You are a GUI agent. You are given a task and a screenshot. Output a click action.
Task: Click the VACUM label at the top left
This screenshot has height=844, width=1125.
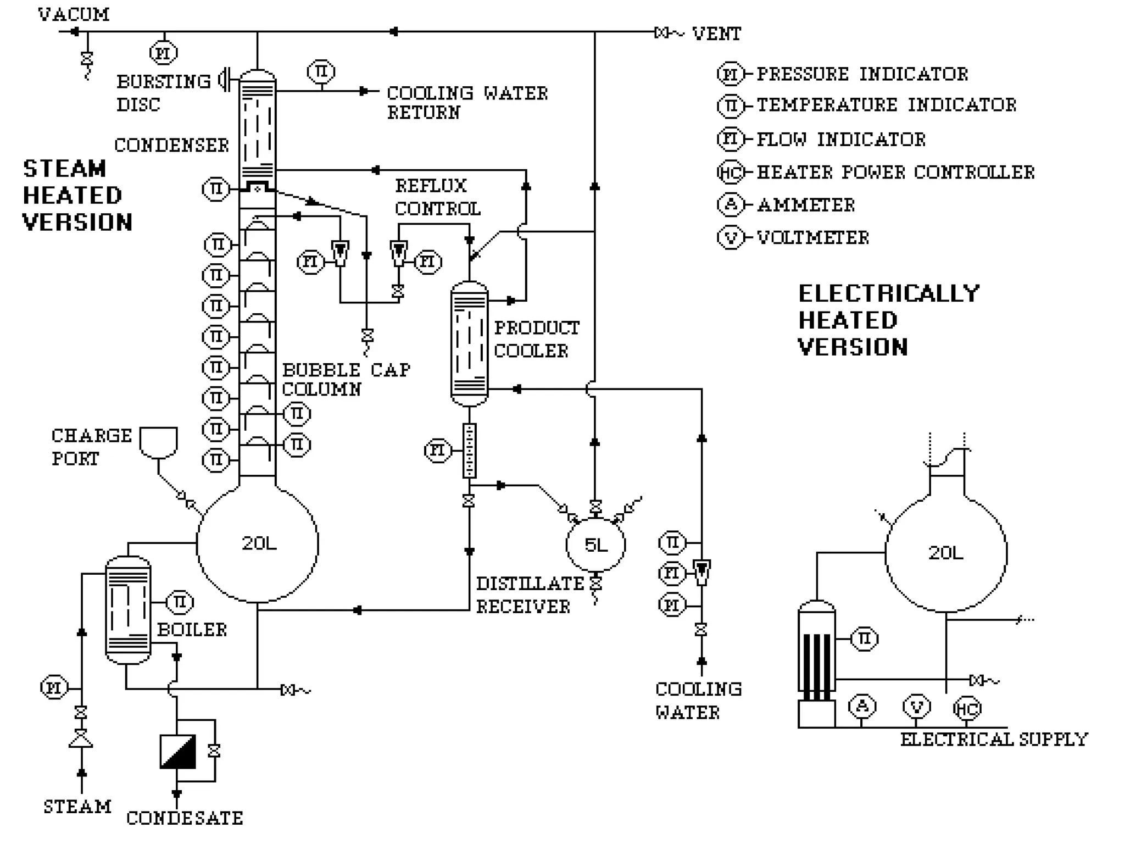(x=74, y=14)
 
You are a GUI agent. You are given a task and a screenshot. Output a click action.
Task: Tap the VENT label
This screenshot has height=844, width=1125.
(x=716, y=34)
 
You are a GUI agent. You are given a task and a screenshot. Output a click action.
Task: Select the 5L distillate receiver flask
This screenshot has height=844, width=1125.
(x=595, y=545)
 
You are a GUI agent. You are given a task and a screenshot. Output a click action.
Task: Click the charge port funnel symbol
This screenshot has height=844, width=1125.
(x=158, y=442)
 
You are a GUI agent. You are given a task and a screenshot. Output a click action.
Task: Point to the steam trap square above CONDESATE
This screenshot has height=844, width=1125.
(x=177, y=751)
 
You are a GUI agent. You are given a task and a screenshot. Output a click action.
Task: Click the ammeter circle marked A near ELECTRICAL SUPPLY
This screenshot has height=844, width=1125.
(x=862, y=707)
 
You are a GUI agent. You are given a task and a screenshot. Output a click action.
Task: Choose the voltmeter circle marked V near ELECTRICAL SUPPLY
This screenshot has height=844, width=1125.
(x=916, y=707)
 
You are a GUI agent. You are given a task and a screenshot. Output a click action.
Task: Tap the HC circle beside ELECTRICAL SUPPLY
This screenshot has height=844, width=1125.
(x=966, y=708)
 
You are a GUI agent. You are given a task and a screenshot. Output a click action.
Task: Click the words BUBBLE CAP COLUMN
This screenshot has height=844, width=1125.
(x=346, y=379)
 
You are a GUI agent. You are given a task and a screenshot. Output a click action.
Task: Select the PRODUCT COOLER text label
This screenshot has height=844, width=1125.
(x=536, y=339)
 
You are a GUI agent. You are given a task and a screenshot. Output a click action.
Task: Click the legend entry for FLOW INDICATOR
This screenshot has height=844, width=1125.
(x=840, y=139)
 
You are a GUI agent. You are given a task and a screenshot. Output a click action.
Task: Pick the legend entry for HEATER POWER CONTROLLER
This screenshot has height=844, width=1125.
(x=895, y=172)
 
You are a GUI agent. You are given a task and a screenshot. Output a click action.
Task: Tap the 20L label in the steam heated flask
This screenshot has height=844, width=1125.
(x=259, y=543)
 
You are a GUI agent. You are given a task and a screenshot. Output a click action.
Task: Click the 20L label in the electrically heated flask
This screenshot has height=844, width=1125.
(x=945, y=552)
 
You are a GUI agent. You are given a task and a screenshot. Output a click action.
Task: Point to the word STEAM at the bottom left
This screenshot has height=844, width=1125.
(x=77, y=806)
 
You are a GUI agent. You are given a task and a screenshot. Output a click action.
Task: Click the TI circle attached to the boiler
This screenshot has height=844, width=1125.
(x=180, y=603)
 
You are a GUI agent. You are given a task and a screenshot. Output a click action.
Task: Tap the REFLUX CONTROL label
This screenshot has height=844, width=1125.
(x=437, y=197)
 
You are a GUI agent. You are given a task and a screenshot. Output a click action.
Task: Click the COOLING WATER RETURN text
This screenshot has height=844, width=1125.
(x=466, y=102)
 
